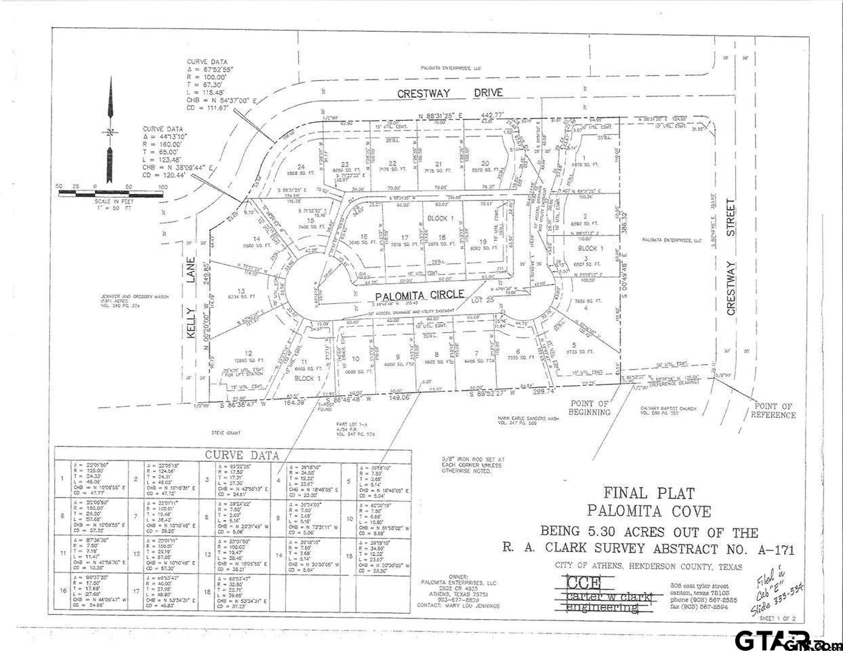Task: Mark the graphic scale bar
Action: [110, 193]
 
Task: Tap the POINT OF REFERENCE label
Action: [773, 411]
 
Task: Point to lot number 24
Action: [301, 167]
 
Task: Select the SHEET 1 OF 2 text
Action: [779, 619]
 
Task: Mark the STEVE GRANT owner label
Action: [228, 431]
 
